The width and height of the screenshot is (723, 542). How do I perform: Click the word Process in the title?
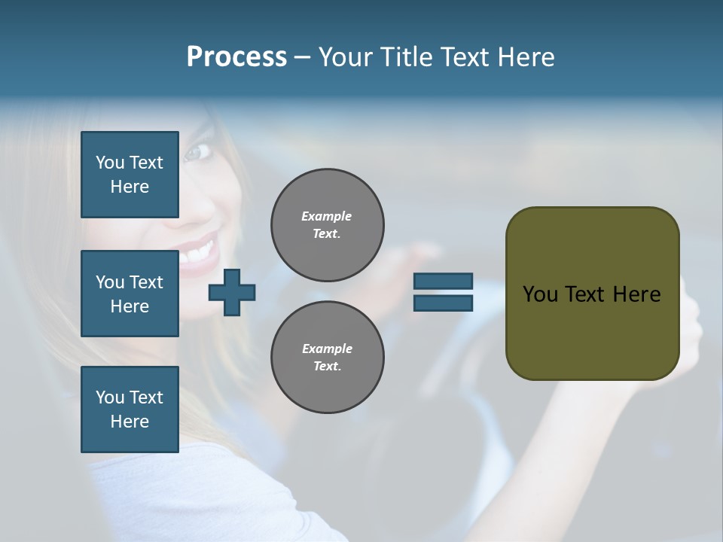(x=236, y=57)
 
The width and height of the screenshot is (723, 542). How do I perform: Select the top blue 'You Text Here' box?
(x=130, y=175)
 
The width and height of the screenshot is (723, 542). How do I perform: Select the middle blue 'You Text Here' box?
(x=130, y=294)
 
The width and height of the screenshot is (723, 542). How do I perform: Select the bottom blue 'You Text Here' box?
(x=130, y=410)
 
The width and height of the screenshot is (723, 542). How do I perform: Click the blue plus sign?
(x=232, y=292)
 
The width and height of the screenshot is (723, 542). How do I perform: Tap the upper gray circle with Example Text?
(x=327, y=225)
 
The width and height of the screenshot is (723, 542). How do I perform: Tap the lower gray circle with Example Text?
(x=327, y=357)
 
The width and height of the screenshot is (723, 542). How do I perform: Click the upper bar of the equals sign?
(x=443, y=282)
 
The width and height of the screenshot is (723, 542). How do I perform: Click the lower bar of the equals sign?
(x=443, y=303)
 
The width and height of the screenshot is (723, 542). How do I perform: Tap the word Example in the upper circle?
(x=327, y=216)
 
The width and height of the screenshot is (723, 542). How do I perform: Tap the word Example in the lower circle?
(x=327, y=349)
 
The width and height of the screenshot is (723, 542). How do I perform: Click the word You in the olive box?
(x=540, y=294)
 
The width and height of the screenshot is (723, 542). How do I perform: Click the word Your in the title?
(x=346, y=57)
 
